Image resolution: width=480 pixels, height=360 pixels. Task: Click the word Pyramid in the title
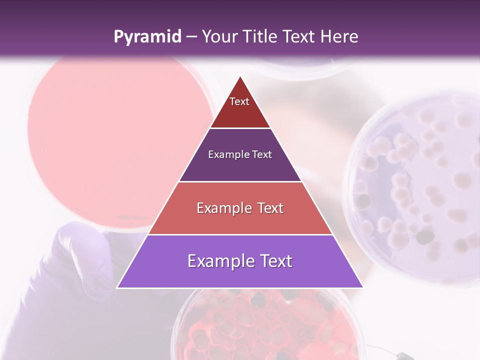pos(147,37)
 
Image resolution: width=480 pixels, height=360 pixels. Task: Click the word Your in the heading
pos(218,37)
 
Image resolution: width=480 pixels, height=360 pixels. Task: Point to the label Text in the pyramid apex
pos(239,101)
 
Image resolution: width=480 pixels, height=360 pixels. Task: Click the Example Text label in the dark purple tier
pos(240,154)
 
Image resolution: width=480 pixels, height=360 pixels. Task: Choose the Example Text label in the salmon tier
pos(240,208)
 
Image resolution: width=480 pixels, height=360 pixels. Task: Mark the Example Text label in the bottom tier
pos(240,261)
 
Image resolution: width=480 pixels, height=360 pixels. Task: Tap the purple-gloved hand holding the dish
pos(80,265)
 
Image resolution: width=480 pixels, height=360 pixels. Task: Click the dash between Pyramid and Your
pos(191,37)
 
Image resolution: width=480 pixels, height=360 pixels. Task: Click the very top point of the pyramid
pos(240,77)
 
